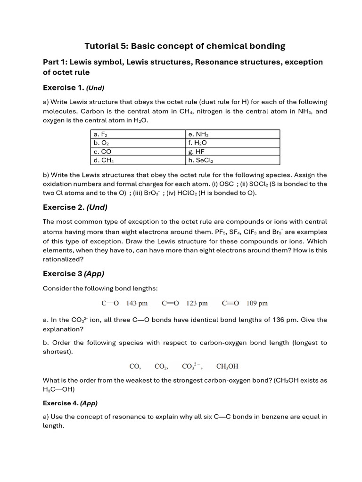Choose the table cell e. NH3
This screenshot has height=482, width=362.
232,134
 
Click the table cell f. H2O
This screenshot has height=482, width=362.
232,143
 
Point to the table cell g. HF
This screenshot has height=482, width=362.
232,152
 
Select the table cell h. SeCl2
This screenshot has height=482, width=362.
232,161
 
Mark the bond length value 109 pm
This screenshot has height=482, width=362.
257,304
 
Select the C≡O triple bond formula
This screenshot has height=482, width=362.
230,304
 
